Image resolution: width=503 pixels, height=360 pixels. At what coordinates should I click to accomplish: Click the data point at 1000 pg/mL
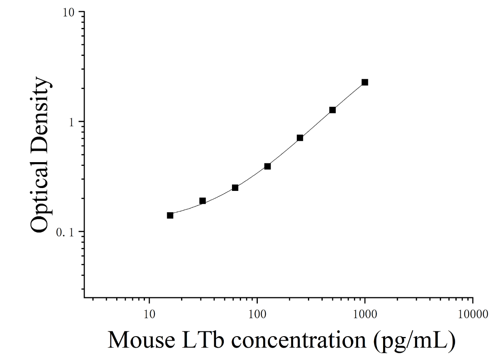(x=365, y=83)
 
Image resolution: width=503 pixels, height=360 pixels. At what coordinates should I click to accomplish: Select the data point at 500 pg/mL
(x=333, y=110)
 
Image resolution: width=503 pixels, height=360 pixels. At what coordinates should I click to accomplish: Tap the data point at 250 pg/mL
(x=300, y=138)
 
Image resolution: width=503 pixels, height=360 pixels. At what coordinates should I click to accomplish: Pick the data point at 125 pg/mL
(x=267, y=166)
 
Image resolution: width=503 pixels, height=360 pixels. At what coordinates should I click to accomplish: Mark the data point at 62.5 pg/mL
(x=235, y=188)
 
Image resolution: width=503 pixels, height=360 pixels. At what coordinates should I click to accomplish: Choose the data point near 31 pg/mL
(x=202, y=201)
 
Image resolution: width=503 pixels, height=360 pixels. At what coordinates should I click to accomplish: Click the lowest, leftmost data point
(x=170, y=216)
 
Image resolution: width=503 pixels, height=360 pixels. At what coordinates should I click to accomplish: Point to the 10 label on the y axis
(x=68, y=13)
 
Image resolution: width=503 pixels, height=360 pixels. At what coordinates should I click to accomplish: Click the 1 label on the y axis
(x=71, y=123)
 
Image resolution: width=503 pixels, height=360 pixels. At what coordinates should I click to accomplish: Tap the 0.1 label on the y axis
(x=65, y=233)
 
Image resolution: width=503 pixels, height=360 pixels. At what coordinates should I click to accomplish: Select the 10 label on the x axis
(x=149, y=314)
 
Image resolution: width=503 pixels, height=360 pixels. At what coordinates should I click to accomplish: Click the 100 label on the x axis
(x=257, y=314)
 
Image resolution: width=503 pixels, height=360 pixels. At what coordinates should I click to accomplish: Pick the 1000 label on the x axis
(x=365, y=314)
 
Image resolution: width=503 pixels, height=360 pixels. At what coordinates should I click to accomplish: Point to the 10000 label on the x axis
(x=473, y=314)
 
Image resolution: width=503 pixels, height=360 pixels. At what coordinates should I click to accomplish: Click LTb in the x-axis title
(x=203, y=340)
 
